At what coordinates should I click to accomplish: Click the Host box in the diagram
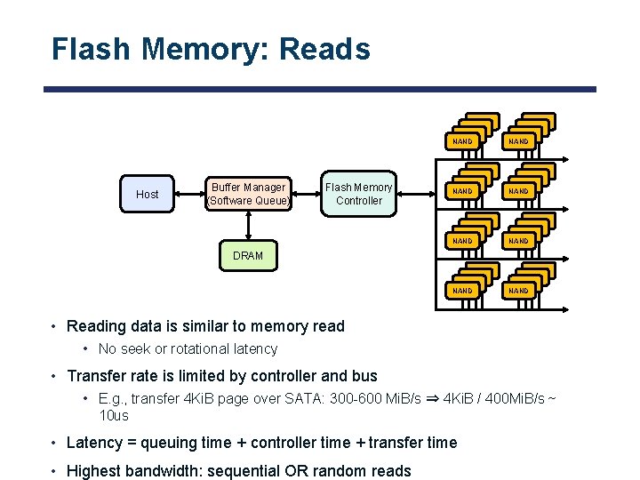[x=148, y=194]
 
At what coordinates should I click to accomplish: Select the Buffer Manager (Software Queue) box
[x=248, y=194]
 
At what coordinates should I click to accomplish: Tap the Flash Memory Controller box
[x=359, y=194]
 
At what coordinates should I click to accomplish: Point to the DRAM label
[x=248, y=256]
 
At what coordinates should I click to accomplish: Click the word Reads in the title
[x=324, y=49]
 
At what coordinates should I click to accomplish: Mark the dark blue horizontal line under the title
[x=320, y=89]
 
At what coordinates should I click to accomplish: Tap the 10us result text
[x=114, y=416]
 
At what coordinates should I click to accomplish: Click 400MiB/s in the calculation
[x=517, y=399]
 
